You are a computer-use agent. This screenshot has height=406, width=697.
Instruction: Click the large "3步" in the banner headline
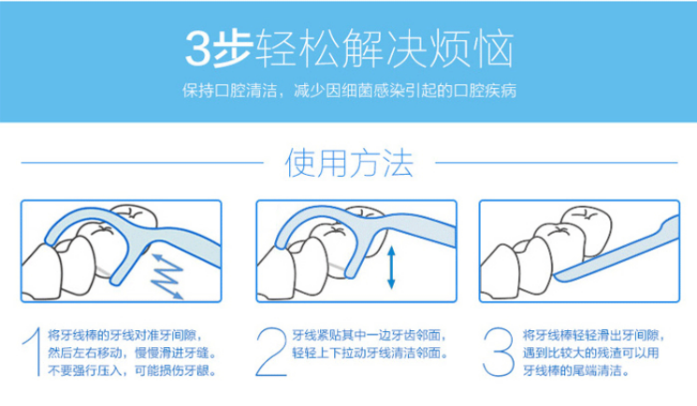point(216,48)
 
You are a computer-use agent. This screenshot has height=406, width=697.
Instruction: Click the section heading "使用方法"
point(348,165)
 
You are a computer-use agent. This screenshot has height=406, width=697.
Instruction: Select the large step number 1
point(33,353)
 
